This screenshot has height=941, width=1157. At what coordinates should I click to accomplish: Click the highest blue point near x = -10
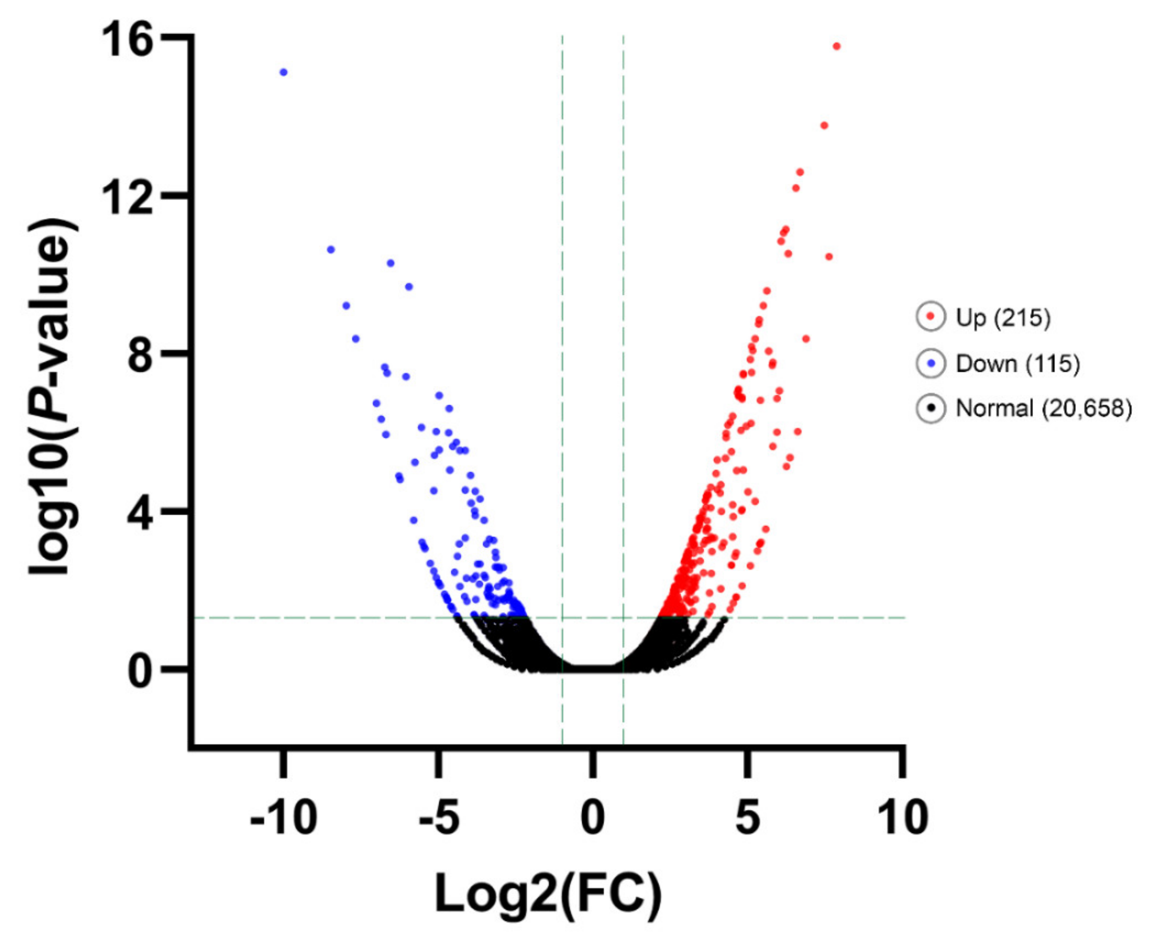pyautogui.click(x=283, y=73)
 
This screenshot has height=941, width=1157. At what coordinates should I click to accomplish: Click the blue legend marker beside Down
pyautogui.click(x=931, y=363)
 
